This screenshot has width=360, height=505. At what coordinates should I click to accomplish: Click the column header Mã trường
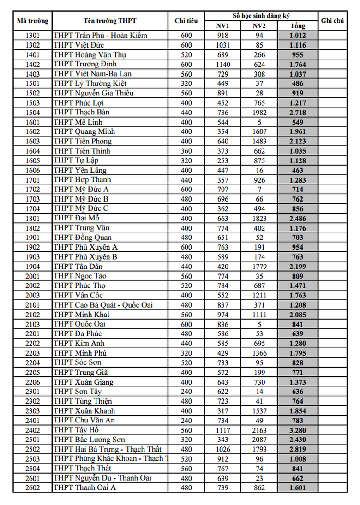(x=32, y=21)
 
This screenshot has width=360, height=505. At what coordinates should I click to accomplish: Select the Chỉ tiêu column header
(x=186, y=21)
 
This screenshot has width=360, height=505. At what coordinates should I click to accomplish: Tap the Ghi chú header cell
(x=332, y=21)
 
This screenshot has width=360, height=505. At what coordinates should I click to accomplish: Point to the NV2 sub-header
(x=259, y=26)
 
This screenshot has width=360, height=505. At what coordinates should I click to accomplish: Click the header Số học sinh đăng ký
(x=261, y=16)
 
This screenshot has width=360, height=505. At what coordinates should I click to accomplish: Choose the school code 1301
(x=32, y=36)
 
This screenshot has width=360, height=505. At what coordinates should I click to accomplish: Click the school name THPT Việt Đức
(x=78, y=45)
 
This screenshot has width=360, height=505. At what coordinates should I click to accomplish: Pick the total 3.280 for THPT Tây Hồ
(x=298, y=430)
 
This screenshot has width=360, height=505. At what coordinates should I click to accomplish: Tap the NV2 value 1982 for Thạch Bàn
(x=259, y=112)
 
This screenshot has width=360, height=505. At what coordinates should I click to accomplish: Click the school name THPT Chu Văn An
(x=84, y=420)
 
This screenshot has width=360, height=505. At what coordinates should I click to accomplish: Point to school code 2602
(x=32, y=487)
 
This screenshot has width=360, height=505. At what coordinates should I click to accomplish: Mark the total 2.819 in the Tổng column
(x=298, y=449)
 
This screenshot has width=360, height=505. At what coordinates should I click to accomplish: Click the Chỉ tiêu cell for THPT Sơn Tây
(x=186, y=392)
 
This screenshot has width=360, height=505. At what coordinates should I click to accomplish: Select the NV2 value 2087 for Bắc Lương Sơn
(x=259, y=440)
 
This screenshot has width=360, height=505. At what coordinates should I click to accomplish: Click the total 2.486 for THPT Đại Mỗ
(x=298, y=218)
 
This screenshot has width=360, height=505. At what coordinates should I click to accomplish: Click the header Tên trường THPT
(x=110, y=21)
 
